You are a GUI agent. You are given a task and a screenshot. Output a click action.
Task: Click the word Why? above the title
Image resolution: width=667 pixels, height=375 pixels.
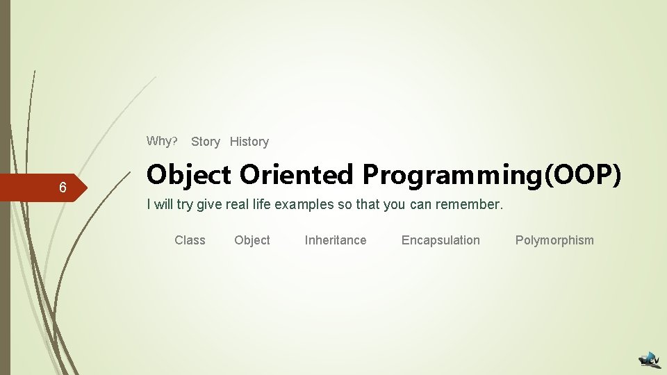(x=162, y=141)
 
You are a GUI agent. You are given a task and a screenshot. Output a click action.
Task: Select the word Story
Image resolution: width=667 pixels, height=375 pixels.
(x=205, y=142)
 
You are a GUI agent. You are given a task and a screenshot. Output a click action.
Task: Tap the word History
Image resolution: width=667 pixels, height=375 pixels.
(x=249, y=142)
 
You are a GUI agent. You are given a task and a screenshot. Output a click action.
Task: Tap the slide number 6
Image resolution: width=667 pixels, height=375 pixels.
(x=63, y=188)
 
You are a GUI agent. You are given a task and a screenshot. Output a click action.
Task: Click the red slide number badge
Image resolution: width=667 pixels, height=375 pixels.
(x=42, y=188)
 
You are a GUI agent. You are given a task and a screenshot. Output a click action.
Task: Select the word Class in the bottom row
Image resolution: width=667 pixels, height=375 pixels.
(x=190, y=240)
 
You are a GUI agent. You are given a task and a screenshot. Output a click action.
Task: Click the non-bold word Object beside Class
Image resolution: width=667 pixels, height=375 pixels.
(x=252, y=240)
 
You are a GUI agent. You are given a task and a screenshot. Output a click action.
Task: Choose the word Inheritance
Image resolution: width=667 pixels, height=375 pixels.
(x=335, y=240)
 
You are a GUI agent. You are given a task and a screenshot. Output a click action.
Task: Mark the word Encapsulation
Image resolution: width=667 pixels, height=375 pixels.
(x=440, y=240)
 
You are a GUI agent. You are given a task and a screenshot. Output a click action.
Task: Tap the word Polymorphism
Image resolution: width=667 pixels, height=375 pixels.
(x=554, y=240)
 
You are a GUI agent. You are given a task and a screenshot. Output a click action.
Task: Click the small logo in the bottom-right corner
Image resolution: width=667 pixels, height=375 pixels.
(x=650, y=359)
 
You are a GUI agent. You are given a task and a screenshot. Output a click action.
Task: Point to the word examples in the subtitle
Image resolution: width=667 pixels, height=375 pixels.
(x=302, y=205)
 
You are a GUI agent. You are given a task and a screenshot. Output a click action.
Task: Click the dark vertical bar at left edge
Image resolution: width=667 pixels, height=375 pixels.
(x=5, y=187)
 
